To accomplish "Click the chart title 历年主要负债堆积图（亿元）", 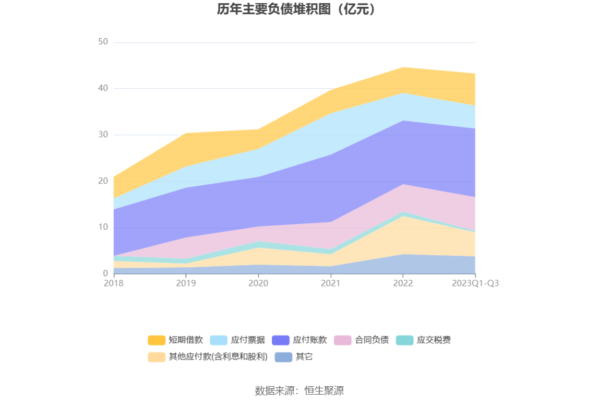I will coord(296,9).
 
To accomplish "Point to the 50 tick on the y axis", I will coord(103,42).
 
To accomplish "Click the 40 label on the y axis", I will coord(103,88).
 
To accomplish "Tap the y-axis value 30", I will coord(103,135).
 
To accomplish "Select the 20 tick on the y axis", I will coord(103,181).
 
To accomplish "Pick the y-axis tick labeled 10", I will coord(103,227).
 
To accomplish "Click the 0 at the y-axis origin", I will coord(105,273).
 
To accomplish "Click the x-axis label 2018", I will coord(113,283).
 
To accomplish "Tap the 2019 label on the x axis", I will coord(186,283).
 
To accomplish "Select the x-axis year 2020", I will coord(258,283).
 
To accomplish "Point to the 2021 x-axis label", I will coord(330,283).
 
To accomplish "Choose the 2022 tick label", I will coord(403,283).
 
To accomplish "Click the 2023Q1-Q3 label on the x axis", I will coord(475,283).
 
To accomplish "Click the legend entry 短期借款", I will coord(176,340).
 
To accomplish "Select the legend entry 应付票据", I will coord(238,340).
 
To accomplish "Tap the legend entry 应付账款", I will coord(300,340).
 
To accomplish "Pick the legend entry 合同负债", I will coord(362,340).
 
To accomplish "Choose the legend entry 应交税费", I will coord(424,340).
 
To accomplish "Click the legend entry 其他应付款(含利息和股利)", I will coord(208,357).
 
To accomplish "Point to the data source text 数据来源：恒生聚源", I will coord(299,390).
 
